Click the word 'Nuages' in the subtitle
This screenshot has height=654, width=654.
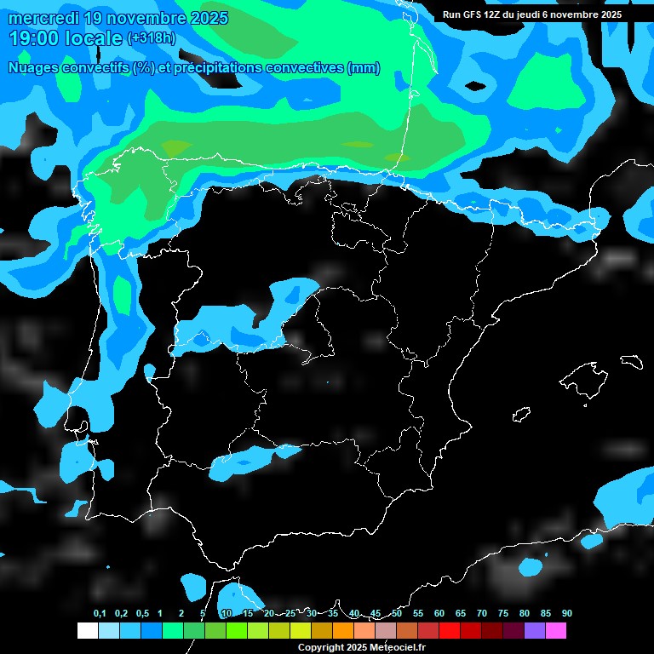point(34,68)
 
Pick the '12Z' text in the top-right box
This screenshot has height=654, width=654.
point(495,14)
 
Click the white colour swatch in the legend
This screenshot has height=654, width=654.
point(87,630)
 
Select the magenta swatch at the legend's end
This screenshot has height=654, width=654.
point(555,630)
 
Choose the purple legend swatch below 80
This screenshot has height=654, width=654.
point(534,630)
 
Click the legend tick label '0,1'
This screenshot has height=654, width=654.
point(99,614)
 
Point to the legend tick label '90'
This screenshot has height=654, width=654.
point(567,614)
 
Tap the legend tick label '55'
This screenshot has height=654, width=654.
point(418,614)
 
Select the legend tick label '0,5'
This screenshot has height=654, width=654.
point(141,614)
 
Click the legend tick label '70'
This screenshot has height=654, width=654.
point(482,614)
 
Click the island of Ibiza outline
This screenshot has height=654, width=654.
point(521,414)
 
